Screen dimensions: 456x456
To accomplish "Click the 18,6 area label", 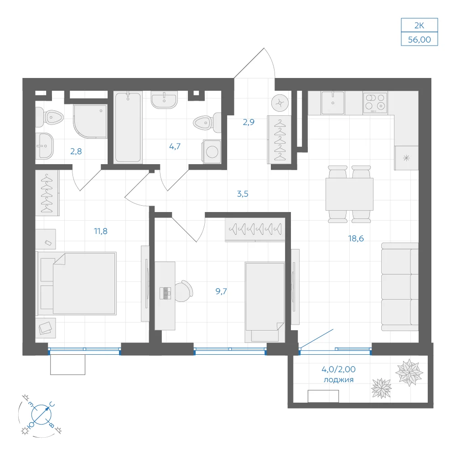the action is click(356, 238).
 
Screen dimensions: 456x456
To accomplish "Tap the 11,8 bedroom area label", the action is click(101, 231).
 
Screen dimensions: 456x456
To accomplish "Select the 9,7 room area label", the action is click(221, 291).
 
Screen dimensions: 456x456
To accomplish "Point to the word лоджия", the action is click(338, 379).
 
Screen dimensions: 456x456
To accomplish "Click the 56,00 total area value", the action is click(420, 39).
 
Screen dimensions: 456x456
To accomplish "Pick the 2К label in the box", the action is click(420, 26).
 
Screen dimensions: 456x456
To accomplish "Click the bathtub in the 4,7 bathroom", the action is click(128, 127).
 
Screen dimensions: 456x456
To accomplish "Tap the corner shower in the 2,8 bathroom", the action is click(90, 121).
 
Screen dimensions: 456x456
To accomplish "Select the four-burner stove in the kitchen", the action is click(375, 103).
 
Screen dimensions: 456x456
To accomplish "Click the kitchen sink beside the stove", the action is click(333, 103).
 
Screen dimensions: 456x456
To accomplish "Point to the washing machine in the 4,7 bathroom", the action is click(212, 151).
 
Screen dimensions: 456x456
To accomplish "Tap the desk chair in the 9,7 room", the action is click(184, 291).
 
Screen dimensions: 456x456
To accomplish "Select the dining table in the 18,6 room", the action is click(349, 194).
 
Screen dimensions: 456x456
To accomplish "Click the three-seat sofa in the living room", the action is click(400, 287).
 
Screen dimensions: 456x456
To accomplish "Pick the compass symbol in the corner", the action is click(41, 415).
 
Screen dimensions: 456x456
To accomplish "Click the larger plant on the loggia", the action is click(409, 372).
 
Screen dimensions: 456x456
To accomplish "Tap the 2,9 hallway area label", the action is click(249, 122).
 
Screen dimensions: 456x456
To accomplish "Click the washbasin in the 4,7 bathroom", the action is click(164, 99).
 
